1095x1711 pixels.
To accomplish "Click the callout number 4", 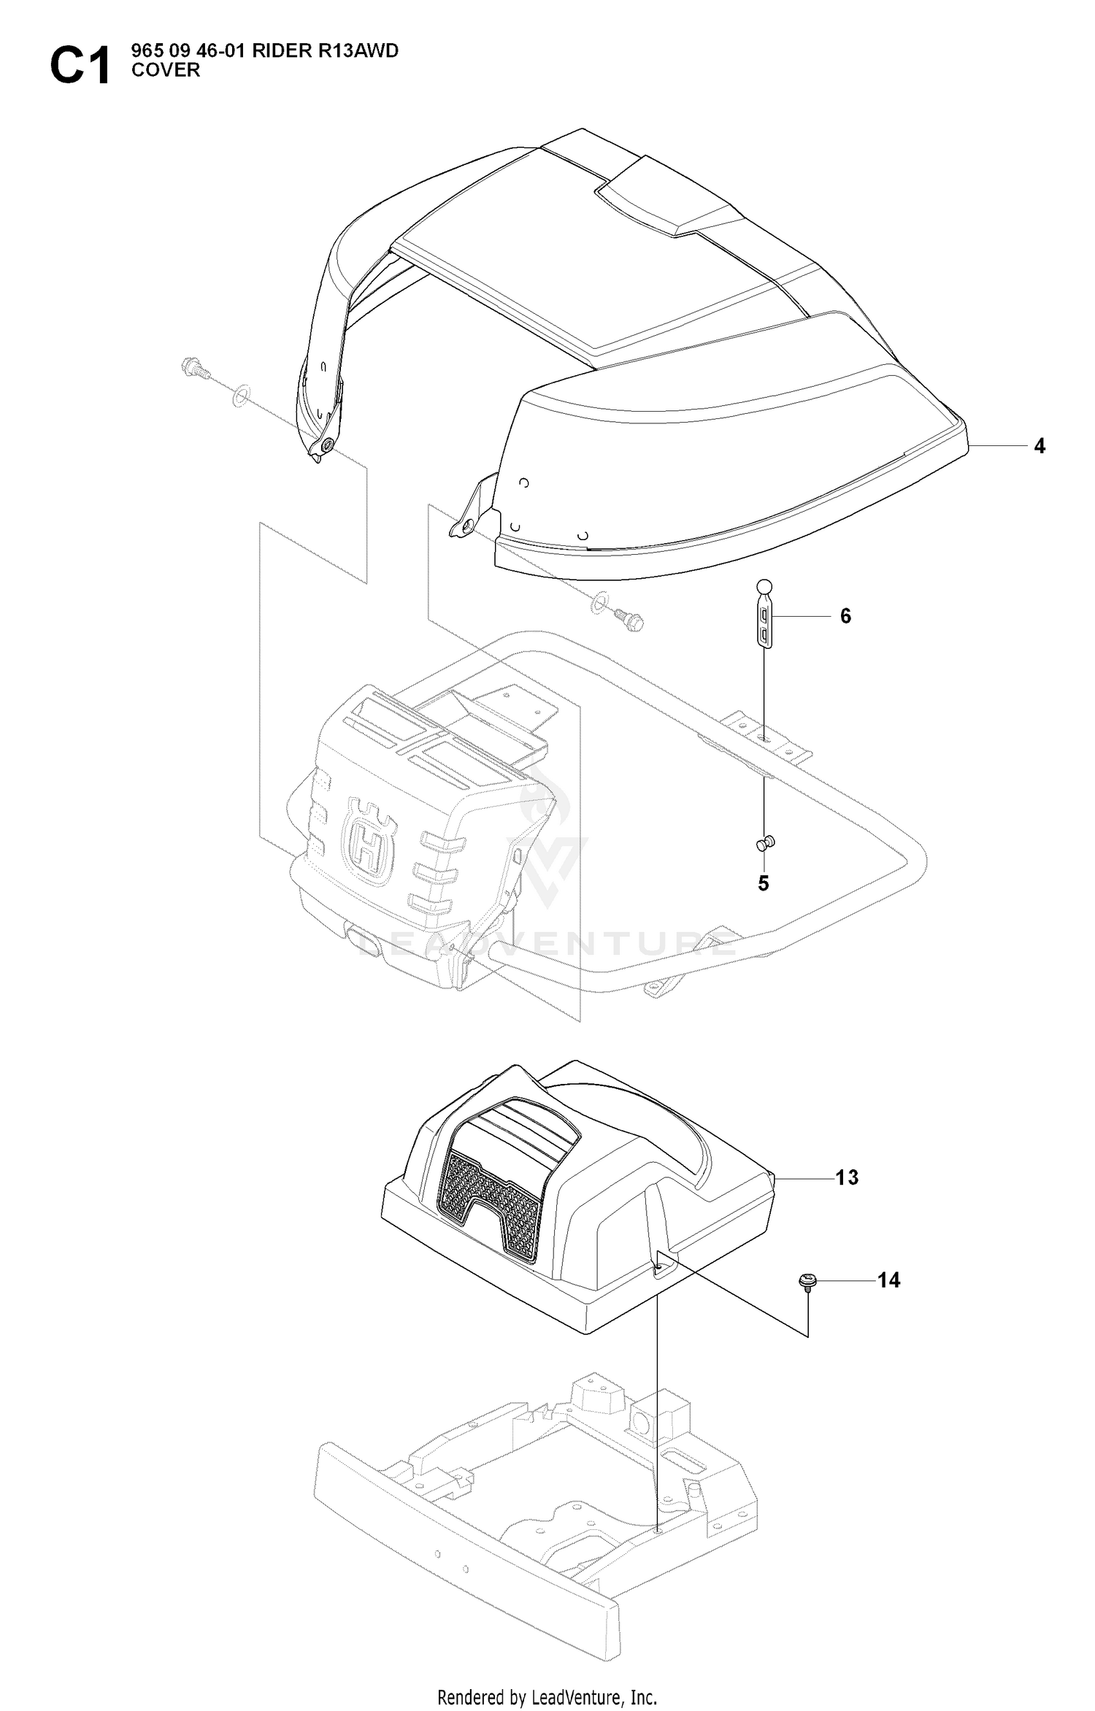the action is coord(1040,446).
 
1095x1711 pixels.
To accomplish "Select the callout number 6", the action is coord(845,616).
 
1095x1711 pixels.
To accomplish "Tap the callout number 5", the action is coord(764,883).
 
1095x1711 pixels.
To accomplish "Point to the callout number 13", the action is coord(847,1177).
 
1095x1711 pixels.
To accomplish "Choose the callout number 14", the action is coord(888,1280).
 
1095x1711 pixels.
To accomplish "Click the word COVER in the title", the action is coord(165,70).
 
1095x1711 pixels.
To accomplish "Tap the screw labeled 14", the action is coord(807,1282).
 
